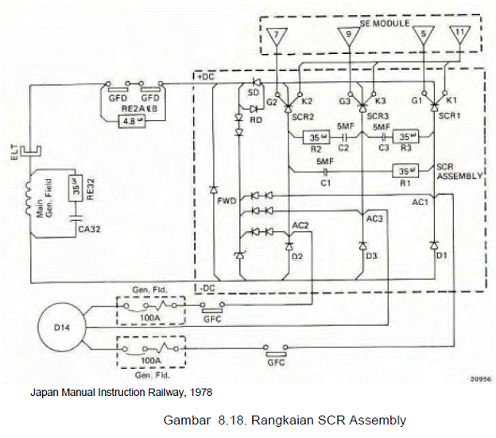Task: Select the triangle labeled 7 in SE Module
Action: [275, 36]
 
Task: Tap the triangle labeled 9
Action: [345, 36]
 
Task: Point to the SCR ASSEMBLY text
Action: [459, 172]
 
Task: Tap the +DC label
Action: [205, 76]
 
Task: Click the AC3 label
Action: [374, 217]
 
